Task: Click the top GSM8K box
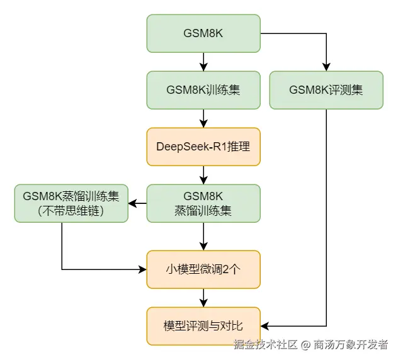(x=203, y=33)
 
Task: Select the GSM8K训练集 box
(x=203, y=90)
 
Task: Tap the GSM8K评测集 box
(x=326, y=90)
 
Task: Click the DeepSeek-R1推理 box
(x=203, y=147)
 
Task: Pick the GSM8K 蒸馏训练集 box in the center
(x=203, y=203)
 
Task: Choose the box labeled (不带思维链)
(x=71, y=203)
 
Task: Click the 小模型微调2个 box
(x=203, y=269)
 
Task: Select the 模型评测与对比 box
(x=203, y=326)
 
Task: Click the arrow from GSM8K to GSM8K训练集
(x=203, y=62)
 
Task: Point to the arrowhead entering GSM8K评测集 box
(x=326, y=67)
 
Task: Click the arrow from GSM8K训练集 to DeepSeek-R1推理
(x=203, y=118)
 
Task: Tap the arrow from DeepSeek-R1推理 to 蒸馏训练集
(x=203, y=175)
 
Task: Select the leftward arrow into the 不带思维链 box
(x=137, y=203)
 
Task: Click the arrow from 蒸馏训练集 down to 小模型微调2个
(x=203, y=237)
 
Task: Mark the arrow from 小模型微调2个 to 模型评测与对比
(x=203, y=298)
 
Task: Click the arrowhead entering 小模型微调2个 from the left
(x=142, y=269)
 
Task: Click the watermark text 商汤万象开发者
(x=351, y=345)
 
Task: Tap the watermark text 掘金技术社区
(x=265, y=345)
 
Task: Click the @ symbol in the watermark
(x=305, y=345)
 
